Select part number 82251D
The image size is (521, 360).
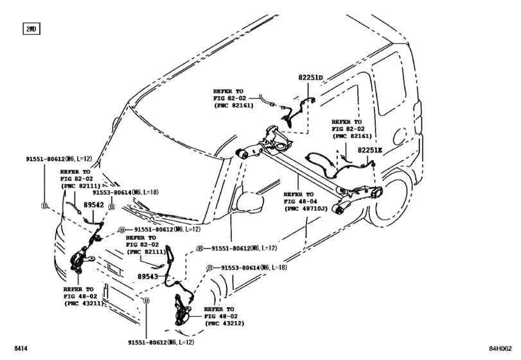(310, 78)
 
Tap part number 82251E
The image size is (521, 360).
(369, 150)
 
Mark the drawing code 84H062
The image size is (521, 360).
(499, 348)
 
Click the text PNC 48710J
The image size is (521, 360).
(306, 209)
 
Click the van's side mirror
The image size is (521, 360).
(251, 201)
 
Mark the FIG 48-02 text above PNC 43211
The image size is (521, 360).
(80, 297)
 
